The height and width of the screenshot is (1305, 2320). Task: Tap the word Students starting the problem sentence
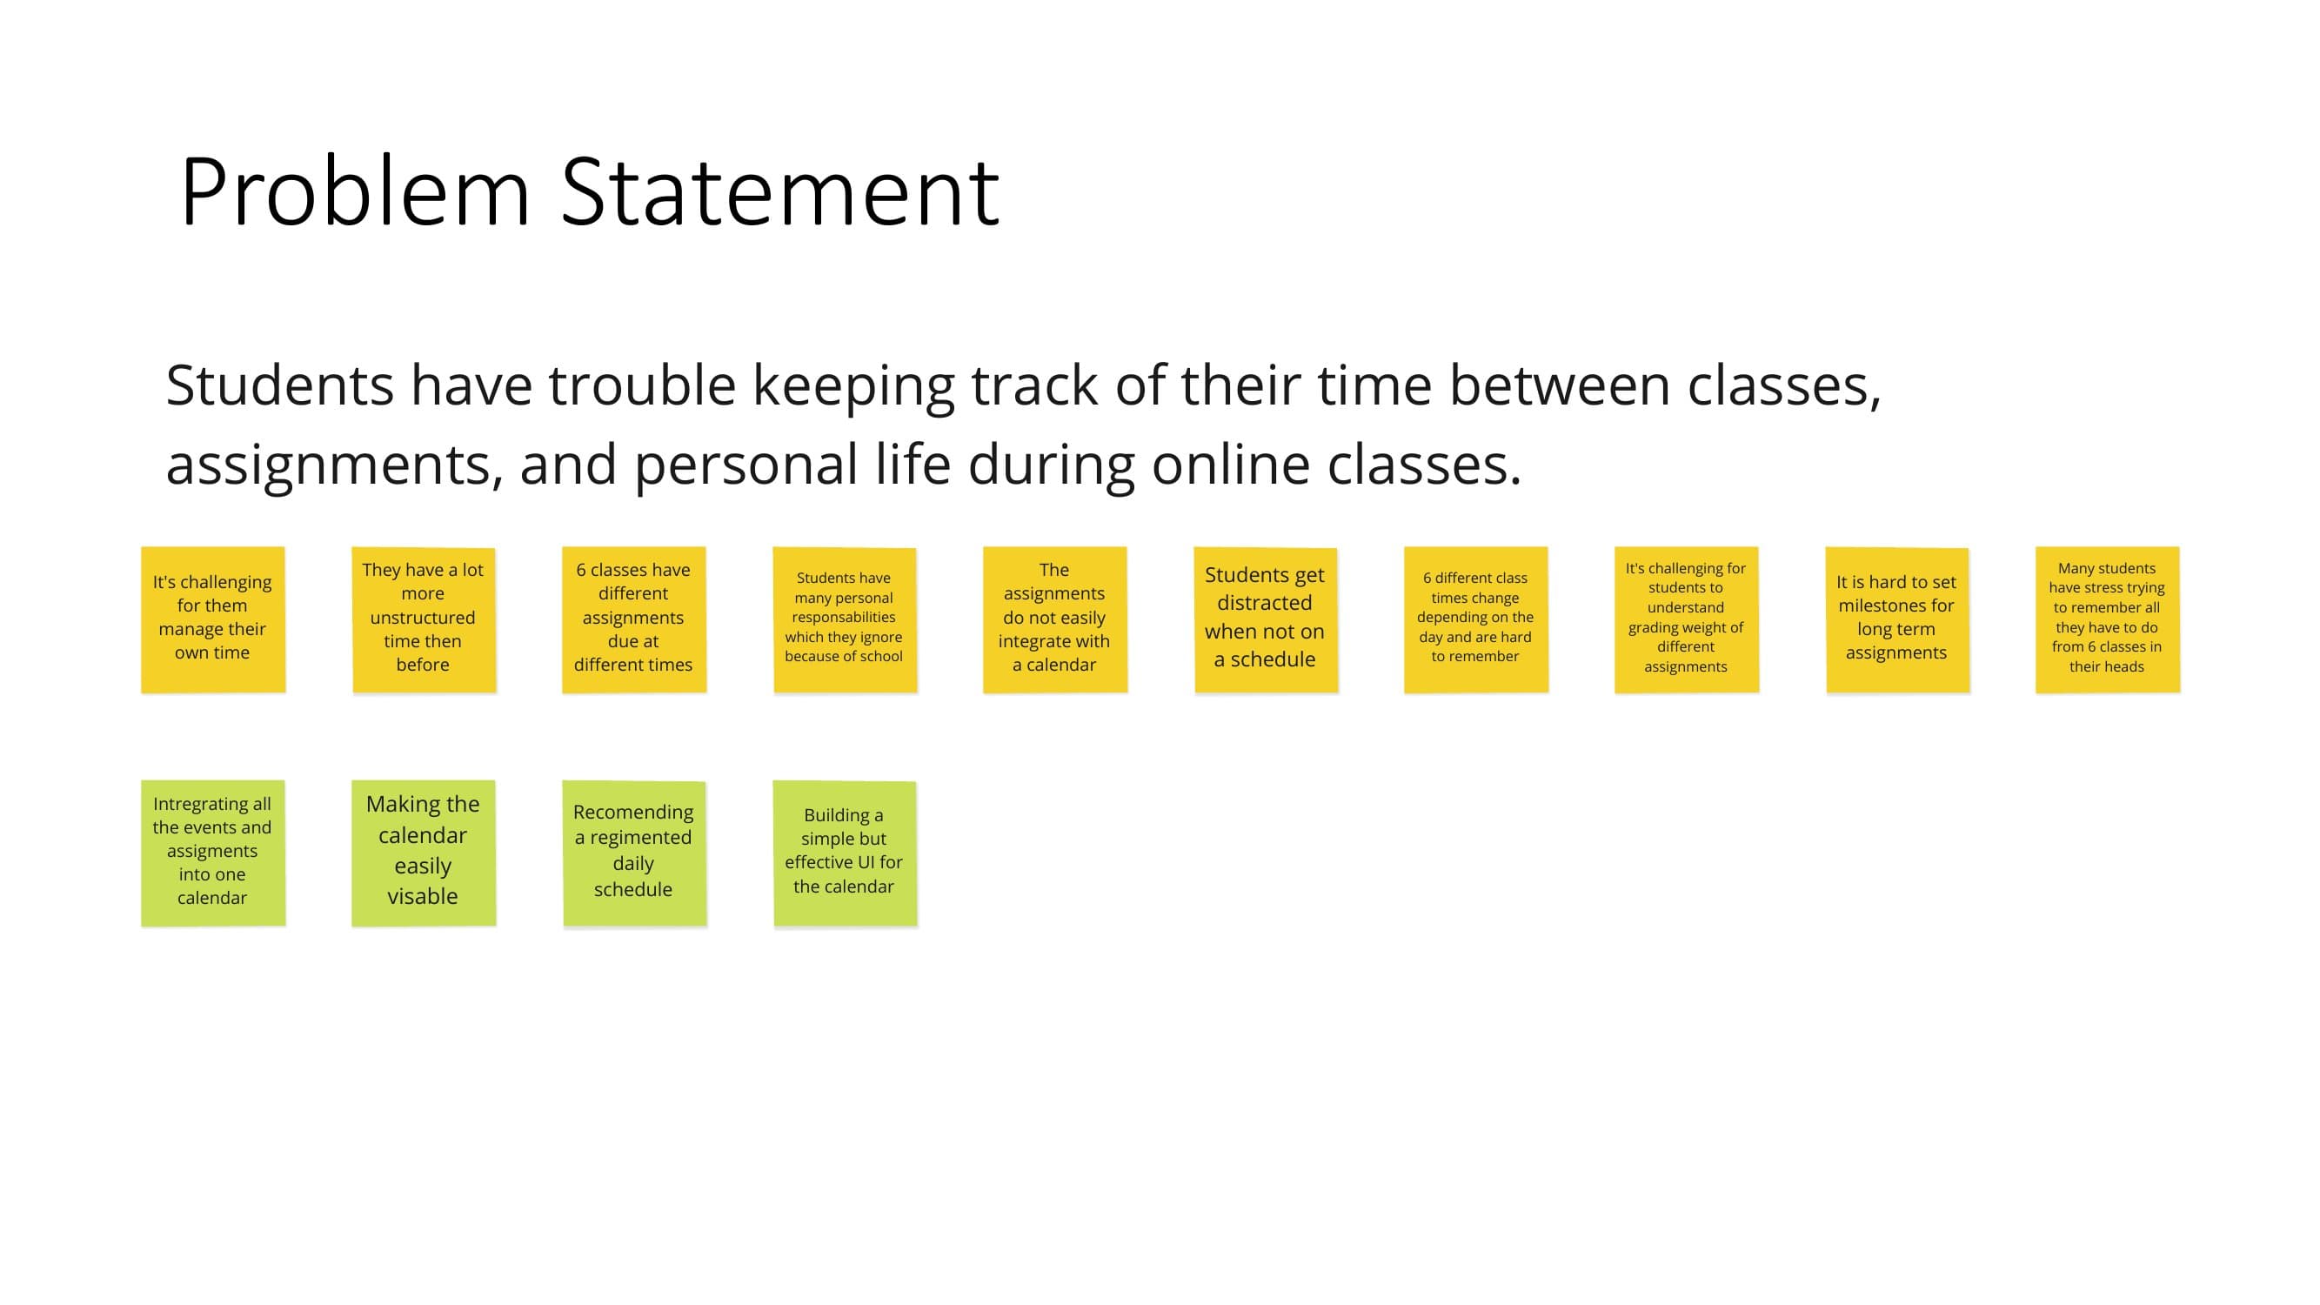[x=280, y=385]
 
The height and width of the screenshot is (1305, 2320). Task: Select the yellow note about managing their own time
[x=213, y=619]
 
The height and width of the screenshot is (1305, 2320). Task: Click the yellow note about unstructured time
[x=424, y=619]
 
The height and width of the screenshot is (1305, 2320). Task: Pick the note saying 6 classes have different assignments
[x=634, y=619]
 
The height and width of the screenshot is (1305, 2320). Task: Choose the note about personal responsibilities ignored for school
[x=845, y=619]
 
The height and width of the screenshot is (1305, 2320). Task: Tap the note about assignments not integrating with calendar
[x=1054, y=619]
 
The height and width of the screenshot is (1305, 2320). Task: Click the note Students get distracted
[x=1266, y=619]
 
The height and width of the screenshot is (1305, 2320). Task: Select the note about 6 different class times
[x=1476, y=619]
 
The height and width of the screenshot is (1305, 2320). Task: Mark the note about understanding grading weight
[x=1687, y=619]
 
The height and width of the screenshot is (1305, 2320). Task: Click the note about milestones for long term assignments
[x=1897, y=619]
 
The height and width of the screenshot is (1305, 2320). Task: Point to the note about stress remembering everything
[x=2108, y=619]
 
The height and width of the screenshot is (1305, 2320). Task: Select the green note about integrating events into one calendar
[x=213, y=853]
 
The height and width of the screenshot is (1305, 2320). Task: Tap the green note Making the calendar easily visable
[x=424, y=853]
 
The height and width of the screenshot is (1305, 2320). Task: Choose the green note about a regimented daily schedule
[x=634, y=853]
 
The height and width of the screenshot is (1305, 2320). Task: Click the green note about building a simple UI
[x=845, y=853]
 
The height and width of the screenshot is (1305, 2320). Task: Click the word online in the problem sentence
[x=1231, y=465]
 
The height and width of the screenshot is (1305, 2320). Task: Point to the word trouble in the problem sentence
[x=642, y=385]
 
